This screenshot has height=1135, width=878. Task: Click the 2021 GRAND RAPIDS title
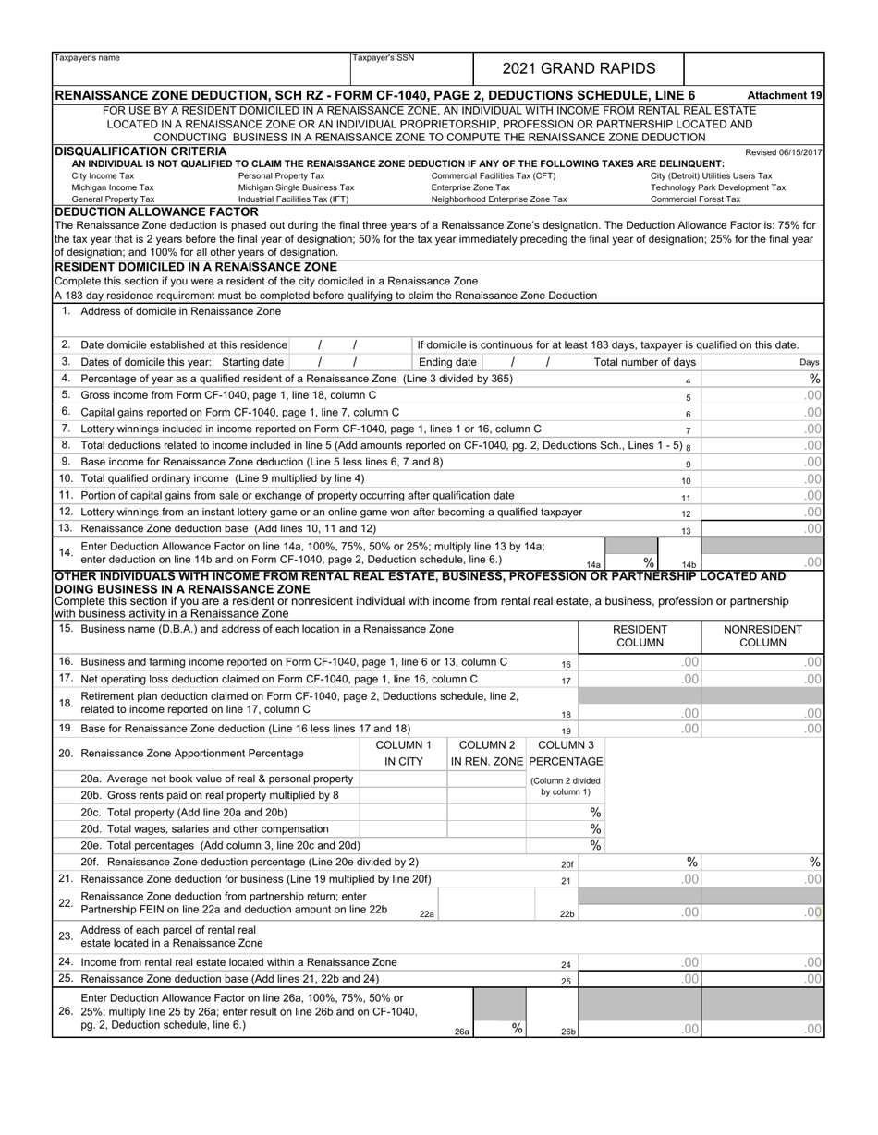tap(578, 68)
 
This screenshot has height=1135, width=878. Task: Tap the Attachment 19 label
tap(785, 95)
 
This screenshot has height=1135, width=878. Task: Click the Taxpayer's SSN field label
tap(384, 58)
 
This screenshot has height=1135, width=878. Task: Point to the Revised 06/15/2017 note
tap(783, 152)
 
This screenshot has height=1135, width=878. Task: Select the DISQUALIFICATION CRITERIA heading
tap(140, 151)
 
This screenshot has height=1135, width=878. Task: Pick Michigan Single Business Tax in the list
tap(296, 187)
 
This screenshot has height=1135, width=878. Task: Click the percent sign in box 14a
tap(649, 561)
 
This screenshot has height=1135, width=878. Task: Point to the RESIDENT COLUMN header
tap(640, 635)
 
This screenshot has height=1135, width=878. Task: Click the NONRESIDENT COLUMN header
tap(762, 635)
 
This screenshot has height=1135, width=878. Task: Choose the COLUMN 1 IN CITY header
tap(403, 753)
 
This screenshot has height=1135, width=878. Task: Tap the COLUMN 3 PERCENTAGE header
tap(565, 753)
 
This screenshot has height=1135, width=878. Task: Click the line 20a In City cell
tap(403, 779)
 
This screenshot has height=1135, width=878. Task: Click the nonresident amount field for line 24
tap(762, 962)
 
